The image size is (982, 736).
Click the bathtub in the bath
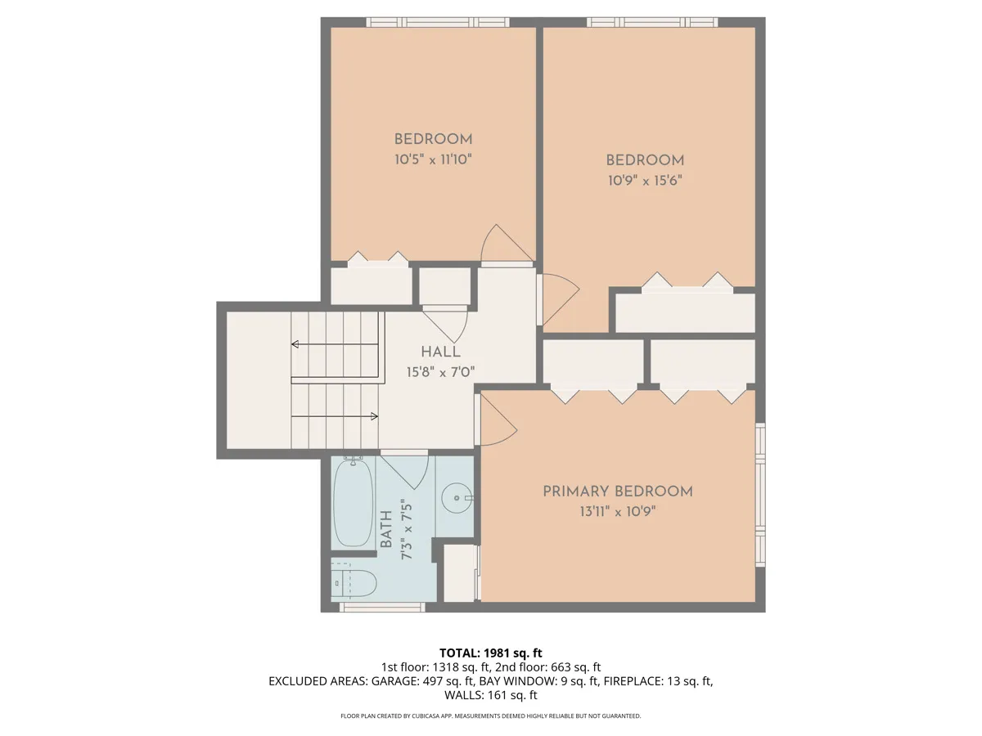353,502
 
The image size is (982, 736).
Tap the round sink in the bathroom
457,497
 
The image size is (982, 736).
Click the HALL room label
440,352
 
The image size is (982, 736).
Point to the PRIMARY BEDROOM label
618,491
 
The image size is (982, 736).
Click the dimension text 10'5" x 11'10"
433,159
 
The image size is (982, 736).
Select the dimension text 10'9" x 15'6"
645,181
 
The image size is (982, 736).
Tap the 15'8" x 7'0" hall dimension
440,372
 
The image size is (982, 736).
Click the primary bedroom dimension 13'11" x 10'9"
618,511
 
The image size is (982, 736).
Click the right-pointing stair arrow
335,416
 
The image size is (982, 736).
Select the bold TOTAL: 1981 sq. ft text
491,653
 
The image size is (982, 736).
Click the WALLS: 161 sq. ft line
491,695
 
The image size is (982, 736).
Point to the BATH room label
385,529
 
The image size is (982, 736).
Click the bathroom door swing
405,472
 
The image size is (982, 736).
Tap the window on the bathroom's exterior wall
382,607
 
